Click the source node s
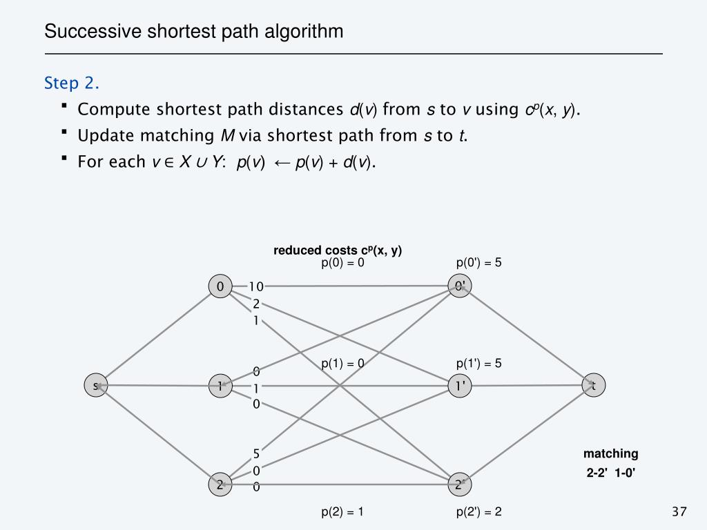[96, 386]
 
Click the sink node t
[593, 386]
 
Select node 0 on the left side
[220, 286]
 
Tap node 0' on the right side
[459, 286]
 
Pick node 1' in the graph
[459, 386]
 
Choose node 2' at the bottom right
[459, 484]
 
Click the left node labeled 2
[220, 484]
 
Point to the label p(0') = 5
[478, 263]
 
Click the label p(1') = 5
[478, 363]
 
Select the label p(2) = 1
[342, 511]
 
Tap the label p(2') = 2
[478, 511]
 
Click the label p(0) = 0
[342, 263]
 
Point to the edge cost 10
[256, 286]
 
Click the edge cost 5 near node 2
[256, 453]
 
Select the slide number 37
[679, 511]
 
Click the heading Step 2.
[72, 84]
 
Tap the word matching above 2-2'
[610, 453]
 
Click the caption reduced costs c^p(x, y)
[338, 251]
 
